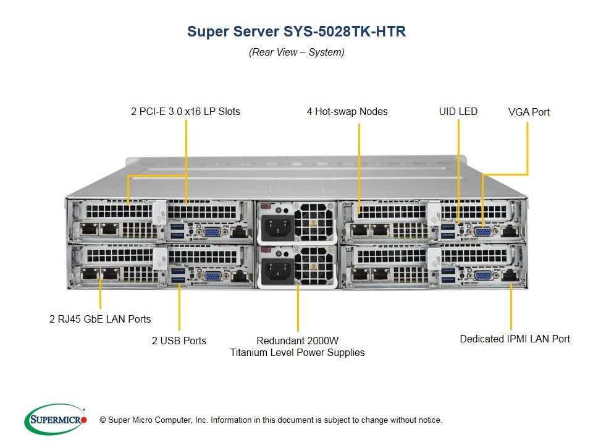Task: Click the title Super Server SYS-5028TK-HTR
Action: coord(296,32)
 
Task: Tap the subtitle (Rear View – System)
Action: coord(296,53)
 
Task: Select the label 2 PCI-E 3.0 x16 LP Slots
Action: coord(185,112)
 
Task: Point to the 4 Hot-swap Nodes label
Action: coord(347,112)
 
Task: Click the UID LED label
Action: coord(458,112)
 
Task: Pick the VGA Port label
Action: coord(529,112)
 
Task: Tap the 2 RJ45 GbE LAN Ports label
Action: coord(100,320)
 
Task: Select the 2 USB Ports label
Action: coord(179,341)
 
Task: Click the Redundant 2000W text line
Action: coord(298,341)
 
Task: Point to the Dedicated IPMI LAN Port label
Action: coord(515,339)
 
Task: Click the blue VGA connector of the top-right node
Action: coord(483,232)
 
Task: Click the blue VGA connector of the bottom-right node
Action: coord(483,276)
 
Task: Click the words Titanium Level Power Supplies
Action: coord(298,353)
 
